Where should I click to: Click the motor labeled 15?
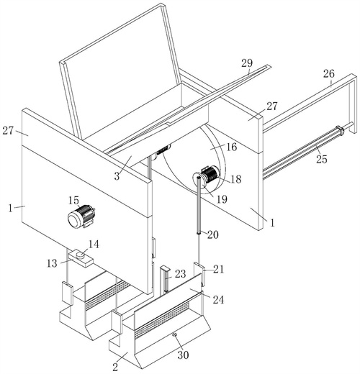81,216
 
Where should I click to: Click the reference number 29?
247,63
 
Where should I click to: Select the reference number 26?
328,74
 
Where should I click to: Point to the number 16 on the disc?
232,147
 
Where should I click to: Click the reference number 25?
322,159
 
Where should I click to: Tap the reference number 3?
117,176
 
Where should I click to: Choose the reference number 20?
213,234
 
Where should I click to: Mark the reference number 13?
52,263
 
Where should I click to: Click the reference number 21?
218,269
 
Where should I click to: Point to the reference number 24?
218,300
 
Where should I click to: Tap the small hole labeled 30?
175,335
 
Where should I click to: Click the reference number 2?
115,367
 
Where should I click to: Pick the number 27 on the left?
8,131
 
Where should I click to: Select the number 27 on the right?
272,106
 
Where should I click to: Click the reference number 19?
221,199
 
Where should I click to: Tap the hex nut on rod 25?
340,130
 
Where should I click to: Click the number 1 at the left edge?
10,208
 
